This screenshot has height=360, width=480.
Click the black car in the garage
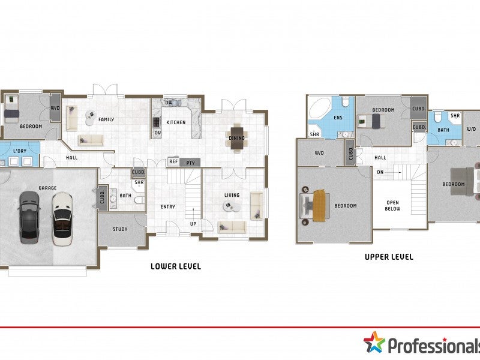pyautogui.click(x=29, y=217)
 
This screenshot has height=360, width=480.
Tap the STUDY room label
pyautogui.click(x=120, y=229)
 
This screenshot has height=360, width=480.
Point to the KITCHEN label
pyautogui.click(x=176, y=122)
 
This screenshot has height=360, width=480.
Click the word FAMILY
pyautogui.click(x=106, y=119)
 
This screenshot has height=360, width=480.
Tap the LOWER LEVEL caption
pyautogui.click(x=176, y=266)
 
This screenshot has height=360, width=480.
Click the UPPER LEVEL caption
pyautogui.click(x=389, y=257)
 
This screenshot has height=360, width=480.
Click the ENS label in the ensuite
pyautogui.click(x=338, y=118)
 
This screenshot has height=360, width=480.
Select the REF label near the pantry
pyautogui.click(x=173, y=162)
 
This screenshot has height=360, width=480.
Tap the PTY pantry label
pyautogui.click(x=190, y=162)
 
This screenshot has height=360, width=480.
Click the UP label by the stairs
pyautogui.click(x=193, y=224)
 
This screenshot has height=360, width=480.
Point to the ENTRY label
pyautogui.click(x=167, y=207)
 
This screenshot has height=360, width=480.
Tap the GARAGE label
pyautogui.click(x=47, y=188)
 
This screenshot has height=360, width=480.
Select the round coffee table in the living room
pyautogui.click(x=230, y=206)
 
